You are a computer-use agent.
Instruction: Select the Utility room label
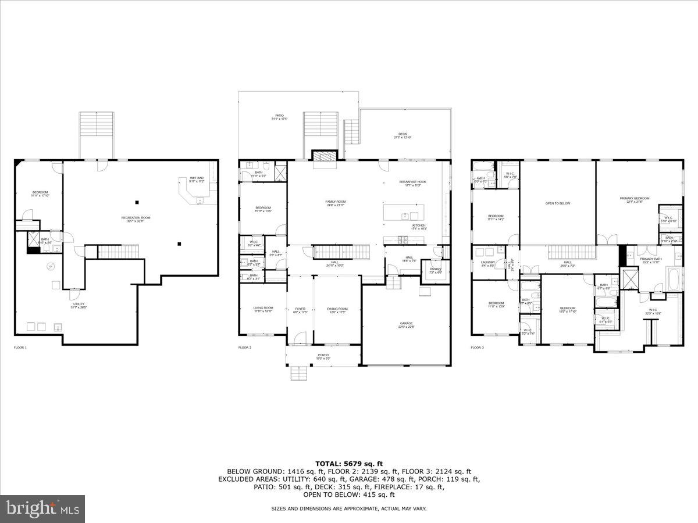pyautogui.click(x=78, y=305)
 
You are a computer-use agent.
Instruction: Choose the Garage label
pyautogui.click(x=406, y=324)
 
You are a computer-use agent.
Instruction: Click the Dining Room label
pyautogui.click(x=337, y=310)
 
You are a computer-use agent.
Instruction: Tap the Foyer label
pyautogui.click(x=300, y=310)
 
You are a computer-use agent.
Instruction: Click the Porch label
pyautogui.click(x=323, y=356)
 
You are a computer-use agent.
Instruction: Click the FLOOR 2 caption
pyautogui.click(x=245, y=348)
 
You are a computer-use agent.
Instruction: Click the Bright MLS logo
pyautogui.click(x=42, y=509)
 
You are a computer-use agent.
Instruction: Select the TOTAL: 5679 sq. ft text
pyautogui.click(x=349, y=464)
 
